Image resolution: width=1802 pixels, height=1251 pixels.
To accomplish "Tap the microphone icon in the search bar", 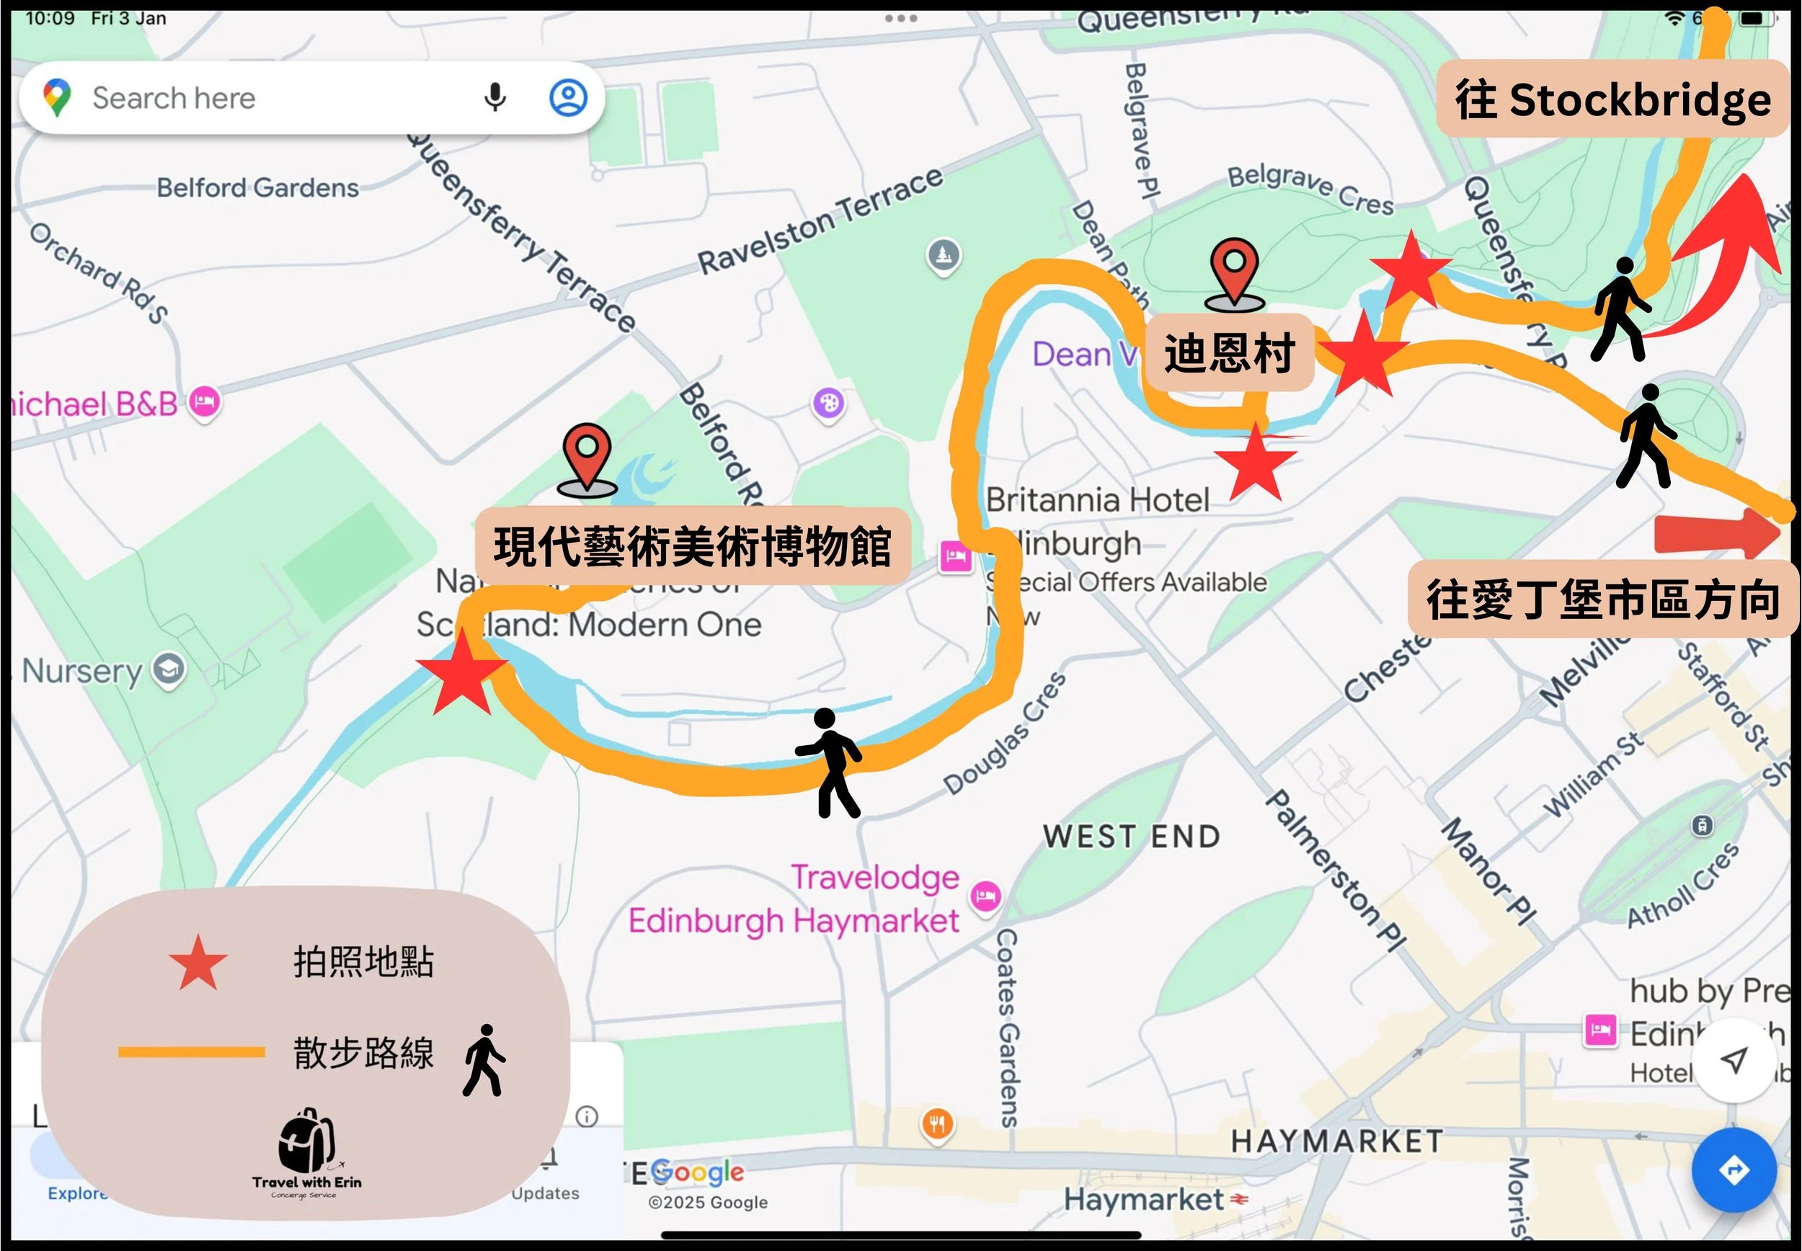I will click(494, 98).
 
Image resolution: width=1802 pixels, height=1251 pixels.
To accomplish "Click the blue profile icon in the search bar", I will click(568, 98).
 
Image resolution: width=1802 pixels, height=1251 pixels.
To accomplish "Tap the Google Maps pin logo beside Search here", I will click(56, 98).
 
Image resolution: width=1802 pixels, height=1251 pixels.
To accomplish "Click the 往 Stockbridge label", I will click(1612, 99).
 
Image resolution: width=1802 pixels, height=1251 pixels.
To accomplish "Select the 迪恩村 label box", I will click(1229, 352).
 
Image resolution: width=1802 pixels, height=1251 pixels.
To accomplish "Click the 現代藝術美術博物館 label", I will click(692, 546).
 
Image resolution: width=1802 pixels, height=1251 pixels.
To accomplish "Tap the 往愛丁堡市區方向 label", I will click(1602, 600).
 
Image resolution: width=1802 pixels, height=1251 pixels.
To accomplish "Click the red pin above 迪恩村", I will click(1235, 271).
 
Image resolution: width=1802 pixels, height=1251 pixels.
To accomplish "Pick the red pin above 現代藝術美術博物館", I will click(587, 458).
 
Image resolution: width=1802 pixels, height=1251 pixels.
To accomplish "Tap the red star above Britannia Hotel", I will click(1256, 465).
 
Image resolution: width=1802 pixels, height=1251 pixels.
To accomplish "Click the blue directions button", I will click(1734, 1170).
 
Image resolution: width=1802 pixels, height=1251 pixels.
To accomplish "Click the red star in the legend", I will click(198, 962).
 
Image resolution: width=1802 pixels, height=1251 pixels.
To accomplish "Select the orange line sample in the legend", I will click(191, 1052).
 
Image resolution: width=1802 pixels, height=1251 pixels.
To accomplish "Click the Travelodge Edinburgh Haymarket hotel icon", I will click(985, 895).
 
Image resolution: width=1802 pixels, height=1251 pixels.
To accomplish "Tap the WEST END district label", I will click(1131, 837).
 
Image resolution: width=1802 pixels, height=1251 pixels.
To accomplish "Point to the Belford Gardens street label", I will click(257, 188).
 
